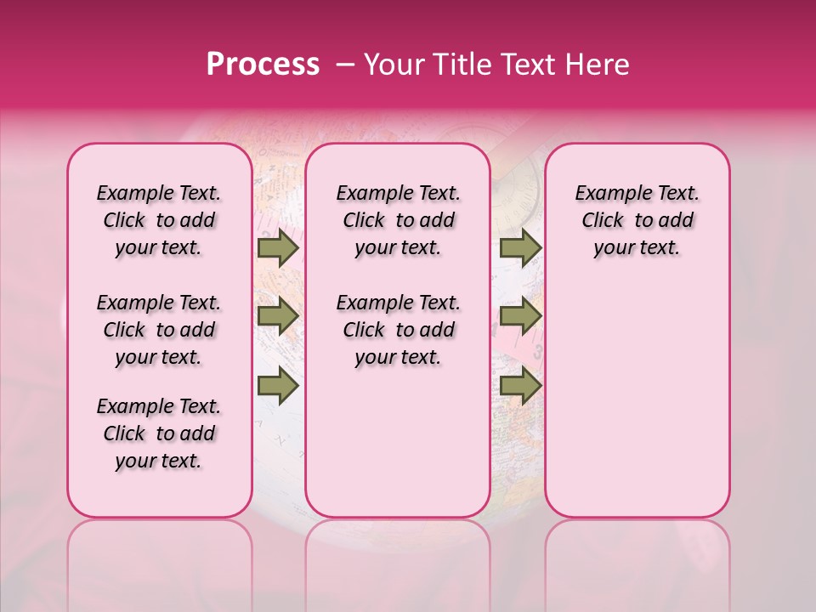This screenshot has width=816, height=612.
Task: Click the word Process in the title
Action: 262,65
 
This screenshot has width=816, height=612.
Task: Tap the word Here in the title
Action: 598,65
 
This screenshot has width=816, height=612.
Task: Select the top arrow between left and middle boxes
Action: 277,248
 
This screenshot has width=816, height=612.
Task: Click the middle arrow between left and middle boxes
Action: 277,316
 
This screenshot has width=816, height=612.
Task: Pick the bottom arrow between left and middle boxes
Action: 277,385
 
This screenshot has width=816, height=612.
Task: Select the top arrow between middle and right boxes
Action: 520,248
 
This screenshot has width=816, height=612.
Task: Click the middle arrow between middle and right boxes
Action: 520,316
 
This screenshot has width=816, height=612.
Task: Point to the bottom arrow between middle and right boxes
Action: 520,385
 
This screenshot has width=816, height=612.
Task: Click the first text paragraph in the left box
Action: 159,220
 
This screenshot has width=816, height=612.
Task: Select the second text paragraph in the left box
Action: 159,330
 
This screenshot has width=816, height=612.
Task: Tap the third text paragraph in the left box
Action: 159,433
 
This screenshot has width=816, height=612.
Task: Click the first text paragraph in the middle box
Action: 398,220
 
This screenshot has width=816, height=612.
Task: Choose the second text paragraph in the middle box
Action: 398,330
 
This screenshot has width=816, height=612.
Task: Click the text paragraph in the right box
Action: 637,220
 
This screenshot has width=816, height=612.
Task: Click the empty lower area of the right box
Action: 637,399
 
